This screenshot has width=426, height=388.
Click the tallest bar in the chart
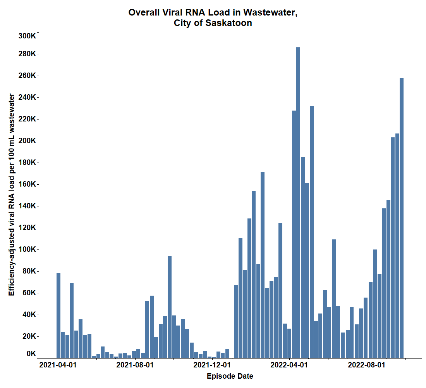point(298,202)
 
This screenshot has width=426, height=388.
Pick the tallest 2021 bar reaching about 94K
point(170,307)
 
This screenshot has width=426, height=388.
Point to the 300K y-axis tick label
point(27,36)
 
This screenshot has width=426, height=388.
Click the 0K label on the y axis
point(31,353)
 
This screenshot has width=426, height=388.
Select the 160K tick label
point(27,184)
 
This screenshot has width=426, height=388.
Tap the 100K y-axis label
point(27,249)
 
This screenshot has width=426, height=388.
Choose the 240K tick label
point(27,97)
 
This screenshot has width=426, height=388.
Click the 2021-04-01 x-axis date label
point(58,365)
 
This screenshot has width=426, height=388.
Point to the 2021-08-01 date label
point(135,365)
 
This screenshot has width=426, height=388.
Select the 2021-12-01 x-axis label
point(212,365)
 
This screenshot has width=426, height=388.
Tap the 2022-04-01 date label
point(289,365)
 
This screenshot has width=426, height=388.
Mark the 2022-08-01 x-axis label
point(366,365)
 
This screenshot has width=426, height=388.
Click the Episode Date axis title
point(230,376)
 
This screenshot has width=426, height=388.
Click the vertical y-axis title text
point(12,194)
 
